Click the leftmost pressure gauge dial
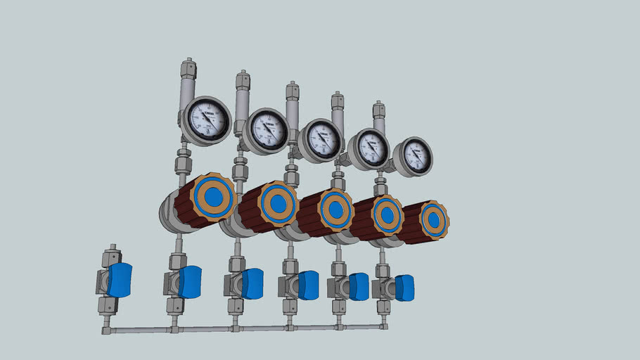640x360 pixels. tap(207, 120)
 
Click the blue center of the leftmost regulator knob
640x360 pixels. tap(214, 196)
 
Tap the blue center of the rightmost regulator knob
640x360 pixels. tap(434, 220)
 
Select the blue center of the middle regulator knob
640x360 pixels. tap(336, 210)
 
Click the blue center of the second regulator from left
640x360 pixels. tap(279, 203)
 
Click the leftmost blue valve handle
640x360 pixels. tap(120, 280)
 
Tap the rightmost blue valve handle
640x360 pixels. tap(404, 287)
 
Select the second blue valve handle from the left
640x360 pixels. tap(190, 281)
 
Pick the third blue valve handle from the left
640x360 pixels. tap(252, 283)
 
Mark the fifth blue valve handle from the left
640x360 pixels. tap(359, 286)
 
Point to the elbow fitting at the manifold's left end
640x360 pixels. tap(107, 328)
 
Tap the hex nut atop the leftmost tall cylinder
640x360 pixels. tap(188, 69)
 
